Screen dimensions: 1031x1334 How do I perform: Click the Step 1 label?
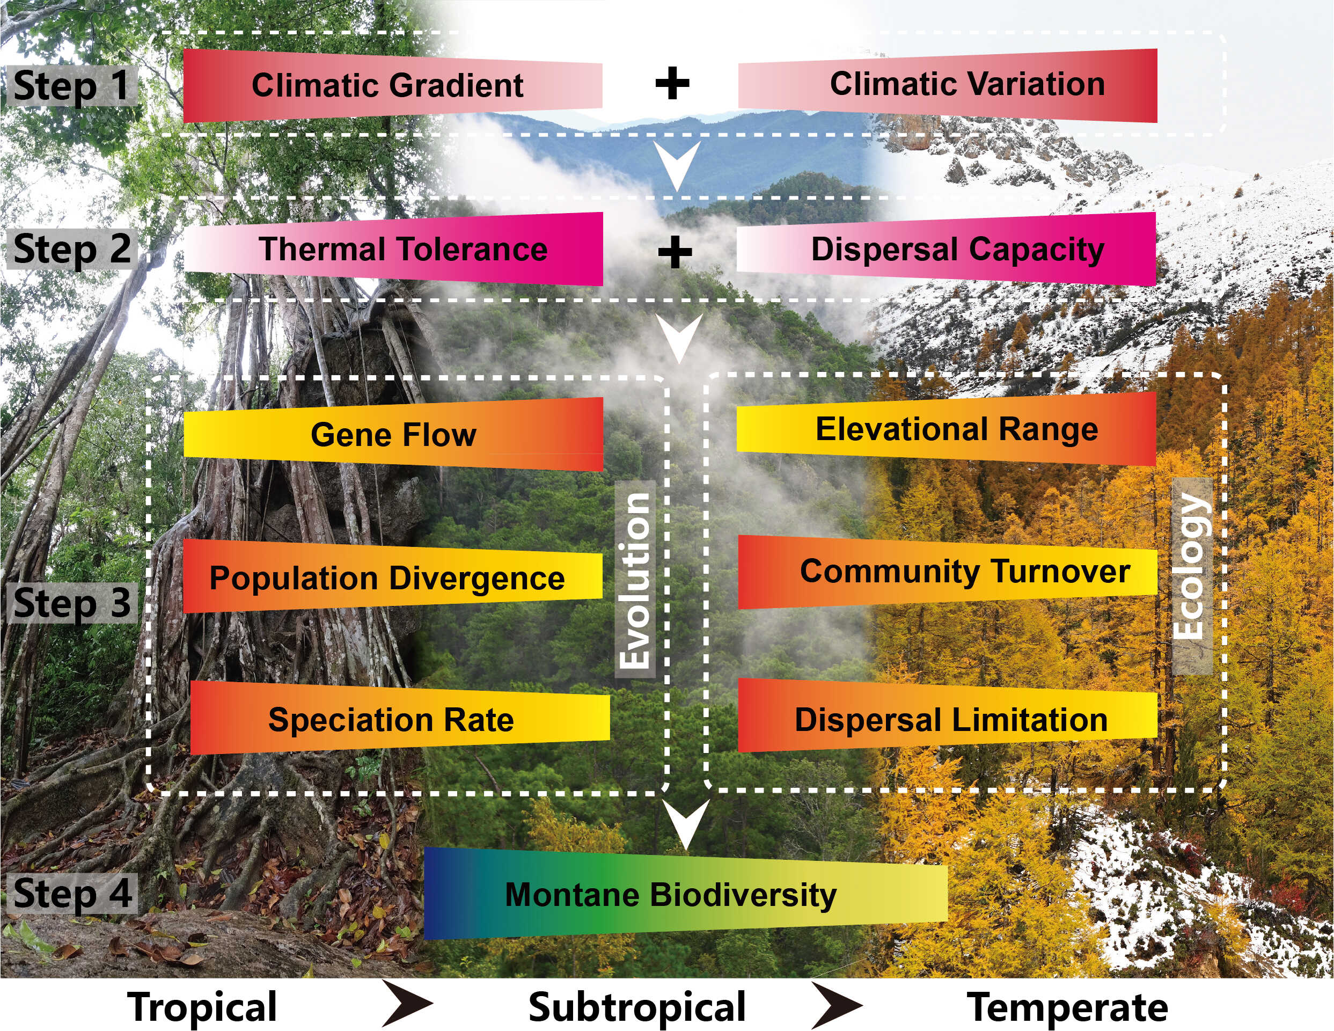71,85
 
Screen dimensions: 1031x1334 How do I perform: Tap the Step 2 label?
71,249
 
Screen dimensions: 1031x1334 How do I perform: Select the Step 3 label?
71,602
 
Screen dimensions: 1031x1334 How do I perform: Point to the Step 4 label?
71,894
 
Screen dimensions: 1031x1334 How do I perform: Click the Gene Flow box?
393,434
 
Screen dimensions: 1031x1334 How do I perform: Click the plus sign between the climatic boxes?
672,84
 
